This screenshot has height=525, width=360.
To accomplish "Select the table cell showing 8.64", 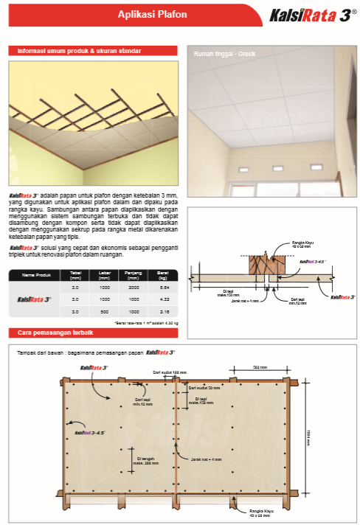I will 163,286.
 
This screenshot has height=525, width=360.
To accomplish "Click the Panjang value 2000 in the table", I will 134,286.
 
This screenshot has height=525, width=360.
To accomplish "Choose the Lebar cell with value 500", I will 105,313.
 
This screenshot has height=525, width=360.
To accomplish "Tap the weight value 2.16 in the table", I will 163,313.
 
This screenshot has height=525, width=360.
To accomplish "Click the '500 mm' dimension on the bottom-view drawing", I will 260,366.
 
